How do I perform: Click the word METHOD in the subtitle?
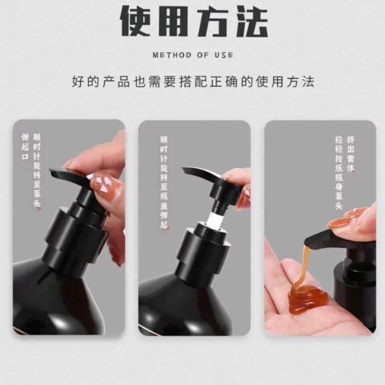point(172,55)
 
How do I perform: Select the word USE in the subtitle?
point(224,55)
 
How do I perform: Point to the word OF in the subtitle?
point(203,55)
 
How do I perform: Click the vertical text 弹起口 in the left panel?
point(25,147)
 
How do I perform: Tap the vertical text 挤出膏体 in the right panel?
point(351,154)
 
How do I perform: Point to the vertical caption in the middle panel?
point(164,182)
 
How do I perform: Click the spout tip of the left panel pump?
point(52,172)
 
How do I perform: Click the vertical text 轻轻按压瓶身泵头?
point(339,172)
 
